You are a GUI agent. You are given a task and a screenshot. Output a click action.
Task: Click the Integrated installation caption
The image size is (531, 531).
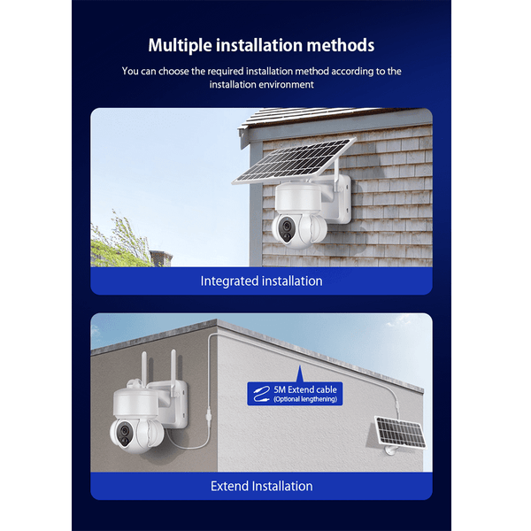261,281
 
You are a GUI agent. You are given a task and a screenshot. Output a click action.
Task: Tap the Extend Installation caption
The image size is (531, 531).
261,486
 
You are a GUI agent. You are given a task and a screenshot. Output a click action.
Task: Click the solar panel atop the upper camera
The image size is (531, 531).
295,161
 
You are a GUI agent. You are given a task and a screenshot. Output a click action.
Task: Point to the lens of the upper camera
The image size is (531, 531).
287,226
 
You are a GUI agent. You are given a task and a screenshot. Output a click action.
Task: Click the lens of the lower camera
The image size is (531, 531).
124,431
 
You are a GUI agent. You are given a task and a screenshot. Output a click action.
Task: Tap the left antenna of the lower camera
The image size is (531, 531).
144,369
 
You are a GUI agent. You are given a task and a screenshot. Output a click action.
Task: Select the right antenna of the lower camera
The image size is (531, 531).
173,373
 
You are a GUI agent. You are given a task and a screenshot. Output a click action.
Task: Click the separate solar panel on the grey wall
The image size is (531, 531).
400,433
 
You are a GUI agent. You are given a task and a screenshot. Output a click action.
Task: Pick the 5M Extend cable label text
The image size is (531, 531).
305,389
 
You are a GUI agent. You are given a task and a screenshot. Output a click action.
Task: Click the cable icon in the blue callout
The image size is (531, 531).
261,394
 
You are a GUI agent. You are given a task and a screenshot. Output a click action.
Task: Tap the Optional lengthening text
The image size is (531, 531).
305,399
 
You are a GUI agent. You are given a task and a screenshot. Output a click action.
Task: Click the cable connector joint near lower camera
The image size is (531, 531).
209,414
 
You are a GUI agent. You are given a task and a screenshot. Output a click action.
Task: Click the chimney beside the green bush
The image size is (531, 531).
160,258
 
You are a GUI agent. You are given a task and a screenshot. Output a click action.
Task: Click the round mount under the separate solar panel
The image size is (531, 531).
392,450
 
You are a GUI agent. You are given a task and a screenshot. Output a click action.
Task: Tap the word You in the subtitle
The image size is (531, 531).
130,71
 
